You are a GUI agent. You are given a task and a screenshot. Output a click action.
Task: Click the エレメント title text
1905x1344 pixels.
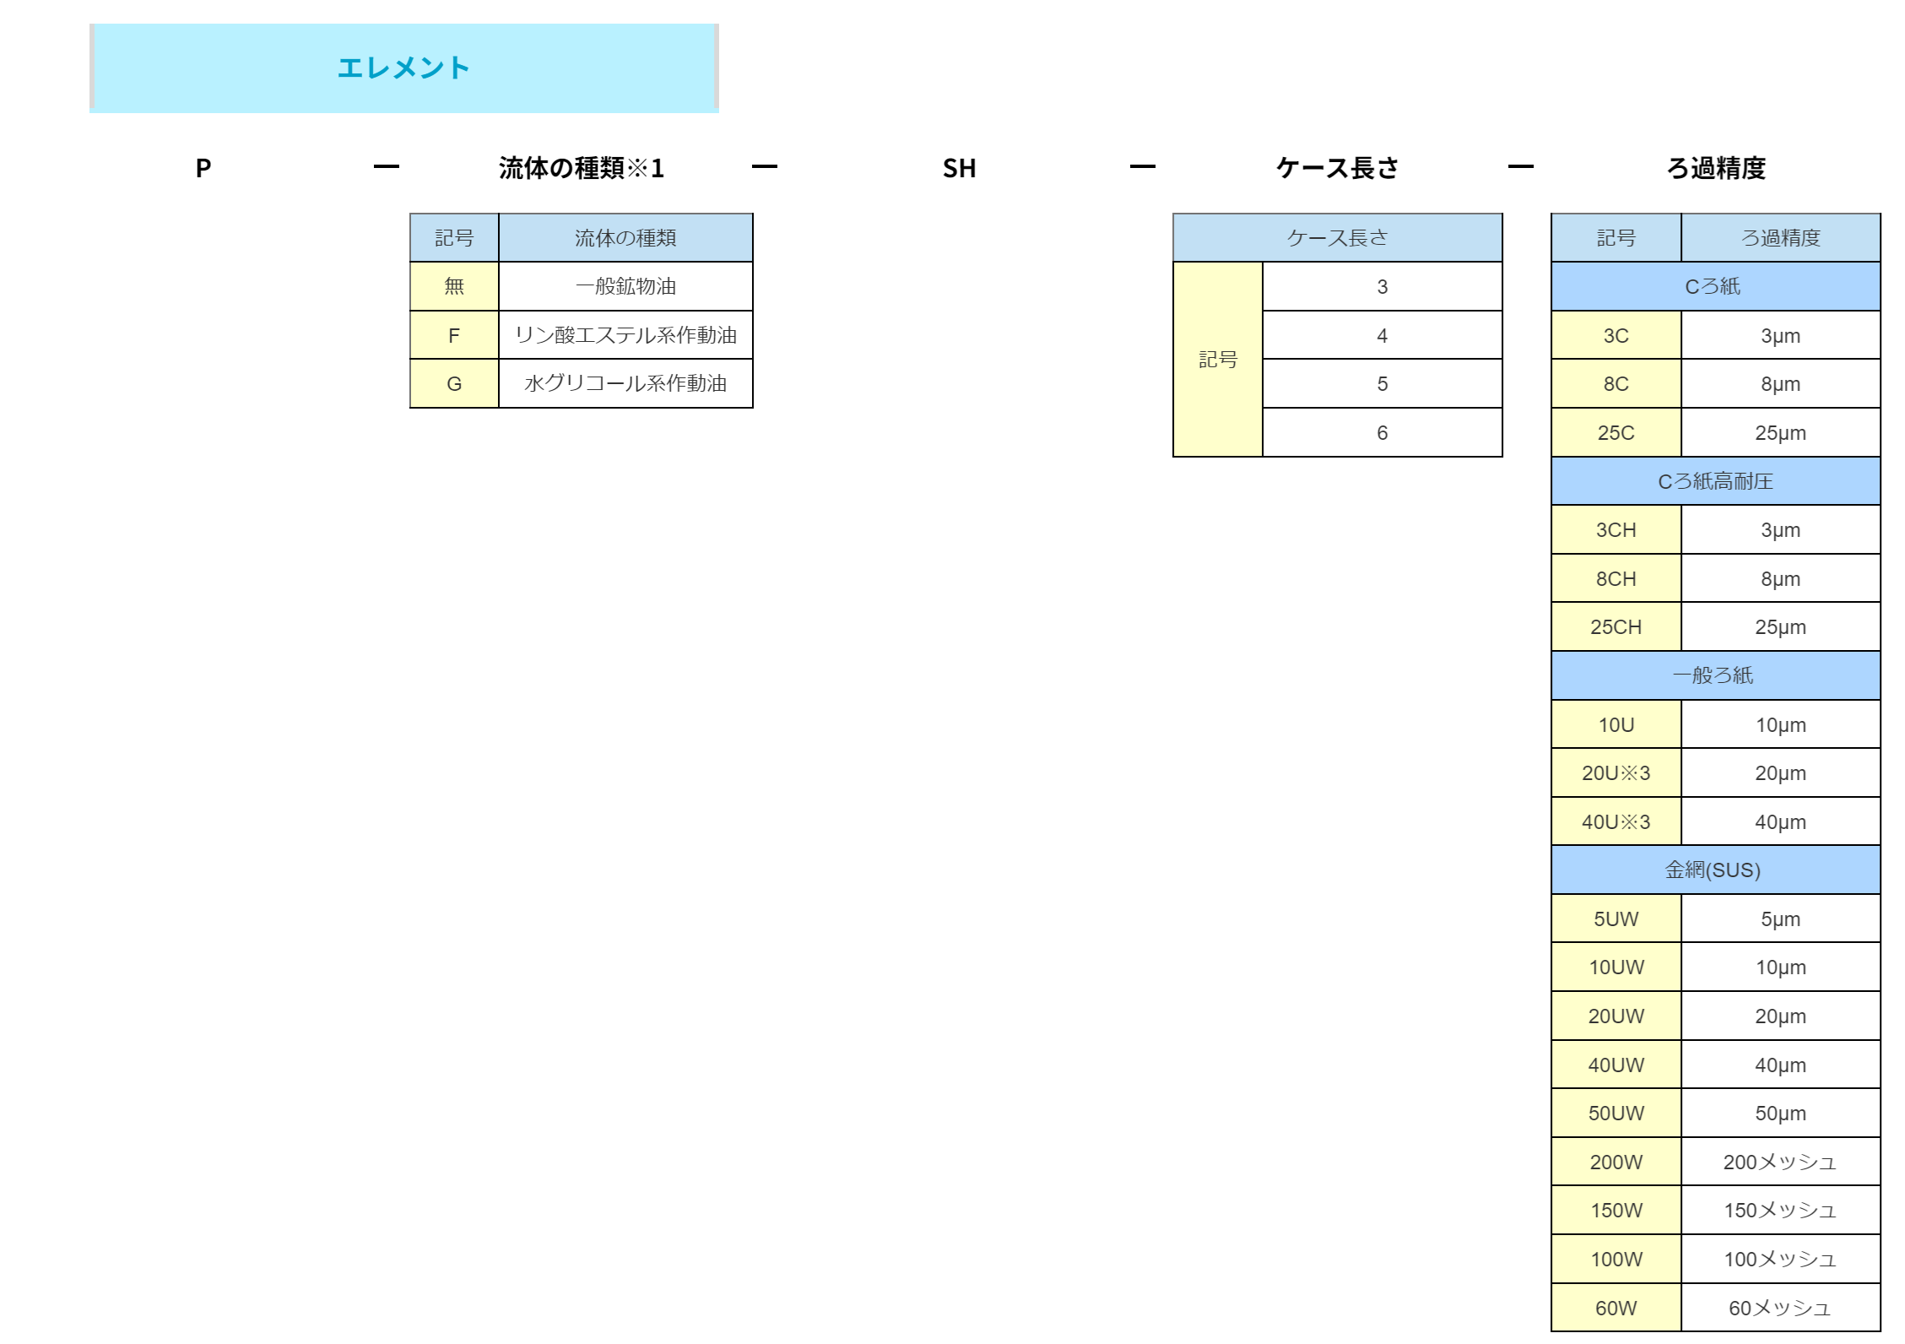click(x=403, y=68)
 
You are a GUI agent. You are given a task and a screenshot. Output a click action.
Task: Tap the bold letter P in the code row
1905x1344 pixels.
click(x=203, y=168)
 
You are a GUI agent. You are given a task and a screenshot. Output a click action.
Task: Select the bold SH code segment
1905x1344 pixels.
click(x=959, y=168)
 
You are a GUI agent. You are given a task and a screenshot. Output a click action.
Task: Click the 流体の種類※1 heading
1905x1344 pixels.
click(x=582, y=168)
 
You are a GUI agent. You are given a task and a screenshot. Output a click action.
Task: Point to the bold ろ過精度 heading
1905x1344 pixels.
click(x=1716, y=168)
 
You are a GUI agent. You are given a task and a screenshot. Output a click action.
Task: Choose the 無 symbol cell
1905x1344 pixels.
click(x=454, y=286)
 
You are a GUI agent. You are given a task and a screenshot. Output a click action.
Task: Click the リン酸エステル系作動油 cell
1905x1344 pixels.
click(x=625, y=335)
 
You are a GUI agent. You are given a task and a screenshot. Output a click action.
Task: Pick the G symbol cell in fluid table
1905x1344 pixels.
click(x=454, y=383)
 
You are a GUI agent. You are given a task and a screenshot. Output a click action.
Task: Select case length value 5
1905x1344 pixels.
click(x=1382, y=383)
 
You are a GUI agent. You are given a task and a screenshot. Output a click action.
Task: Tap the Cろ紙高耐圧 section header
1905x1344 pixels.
click(x=1715, y=481)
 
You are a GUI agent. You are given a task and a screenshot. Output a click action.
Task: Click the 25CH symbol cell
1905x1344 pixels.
click(x=1615, y=626)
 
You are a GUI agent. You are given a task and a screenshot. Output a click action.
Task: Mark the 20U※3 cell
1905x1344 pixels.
click(x=1615, y=772)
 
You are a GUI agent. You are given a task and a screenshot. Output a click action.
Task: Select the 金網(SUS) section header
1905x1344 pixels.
click(x=1715, y=870)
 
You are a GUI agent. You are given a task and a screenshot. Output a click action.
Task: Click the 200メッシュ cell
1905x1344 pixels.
click(x=1780, y=1162)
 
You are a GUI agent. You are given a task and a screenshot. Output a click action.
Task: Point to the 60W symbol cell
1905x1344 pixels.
click(x=1615, y=1308)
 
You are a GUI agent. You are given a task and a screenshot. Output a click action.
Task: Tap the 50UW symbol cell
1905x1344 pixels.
click(x=1615, y=1113)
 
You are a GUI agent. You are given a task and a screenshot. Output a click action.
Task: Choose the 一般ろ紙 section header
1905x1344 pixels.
click(x=1715, y=675)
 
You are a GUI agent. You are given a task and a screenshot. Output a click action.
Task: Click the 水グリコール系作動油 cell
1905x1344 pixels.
click(x=625, y=383)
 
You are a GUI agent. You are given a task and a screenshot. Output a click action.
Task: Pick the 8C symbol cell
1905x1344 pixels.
click(x=1615, y=383)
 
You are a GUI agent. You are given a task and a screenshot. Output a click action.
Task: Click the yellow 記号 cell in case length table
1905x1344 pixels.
click(x=1218, y=359)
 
